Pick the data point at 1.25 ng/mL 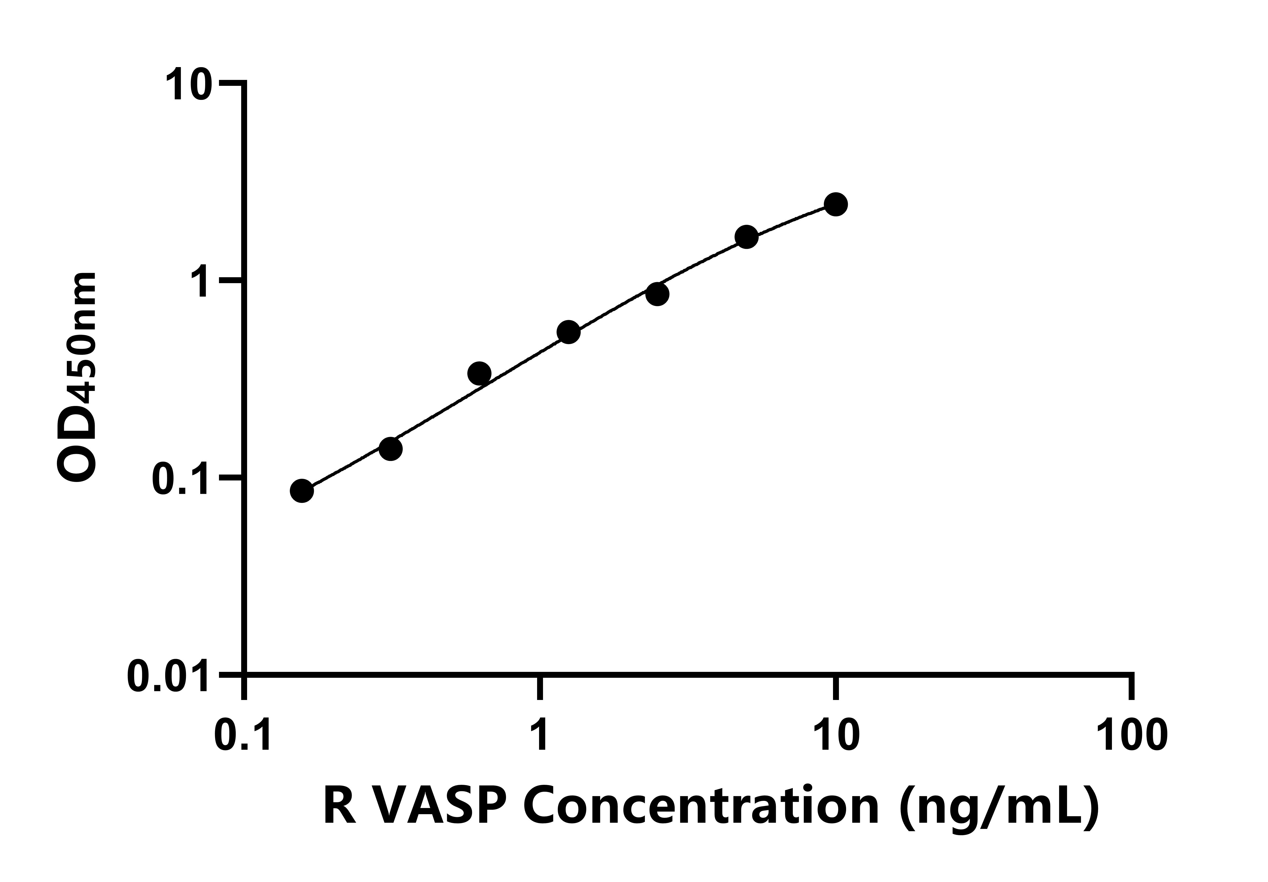pyautogui.click(x=568, y=332)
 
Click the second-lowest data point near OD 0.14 pyautogui.click(x=390, y=448)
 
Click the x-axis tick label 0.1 pyautogui.click(x=243, y=736)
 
